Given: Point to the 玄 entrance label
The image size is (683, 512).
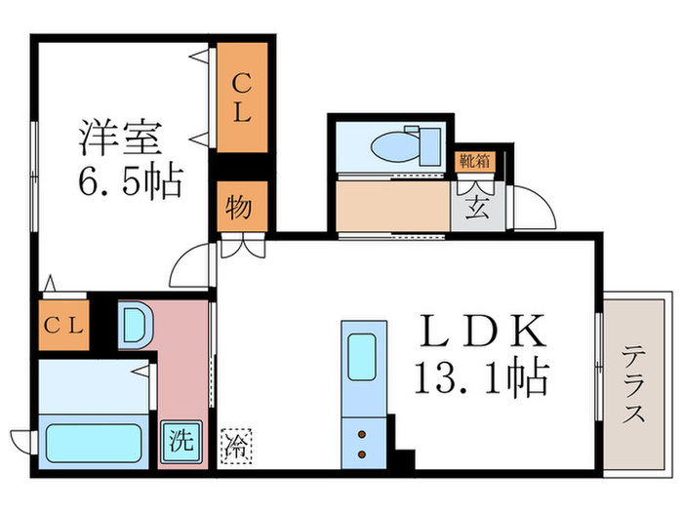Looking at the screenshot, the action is [475, 207].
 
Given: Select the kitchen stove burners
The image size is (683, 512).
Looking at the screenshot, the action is [364, 443].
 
